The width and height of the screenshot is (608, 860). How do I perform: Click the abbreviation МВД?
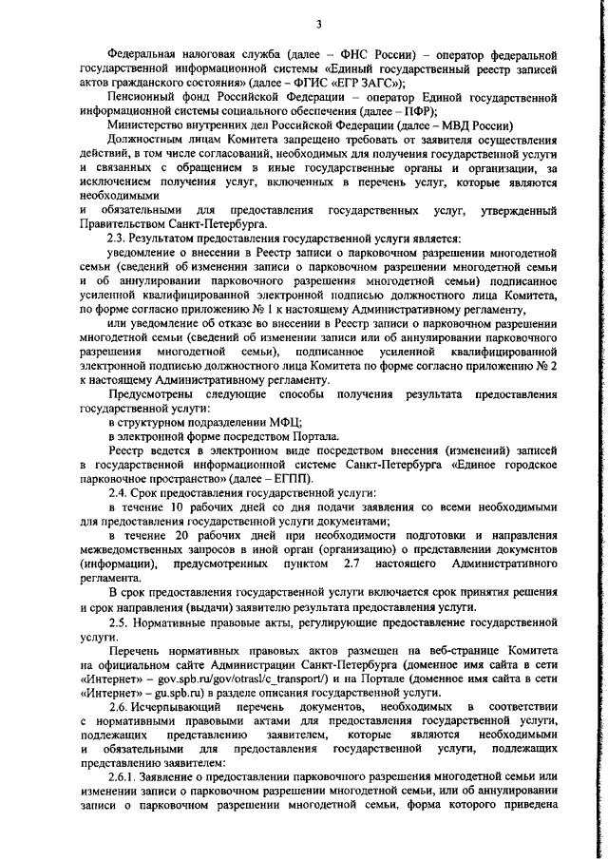(459, 126)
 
